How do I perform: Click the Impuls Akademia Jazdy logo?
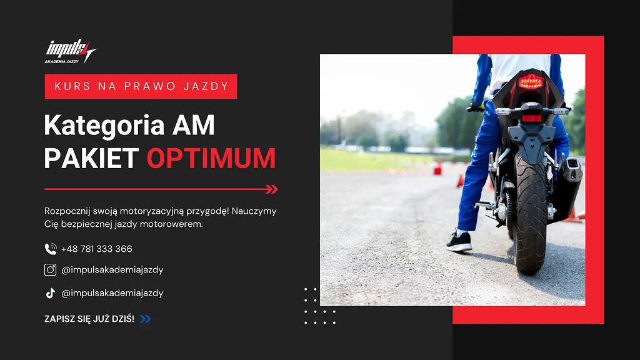pos(70,51)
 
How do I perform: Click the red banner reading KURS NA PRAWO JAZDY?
pos(141,86)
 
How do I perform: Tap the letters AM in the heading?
pos(194,125)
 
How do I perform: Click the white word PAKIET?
pos(91,158)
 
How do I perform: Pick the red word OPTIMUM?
pos(211,158)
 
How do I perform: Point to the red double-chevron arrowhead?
pos(272,189)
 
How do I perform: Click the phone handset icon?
pos(50,249)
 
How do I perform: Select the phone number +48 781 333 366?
pos(97,249)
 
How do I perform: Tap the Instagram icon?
pos(50,269)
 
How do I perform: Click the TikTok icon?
pos(50,293)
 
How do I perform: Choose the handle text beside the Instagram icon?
pos(112,270)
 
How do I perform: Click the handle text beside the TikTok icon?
pos(112,293)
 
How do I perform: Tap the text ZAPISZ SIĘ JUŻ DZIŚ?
pos(89,319)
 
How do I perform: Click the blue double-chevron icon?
pos(145,319)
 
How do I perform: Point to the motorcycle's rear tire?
pos(530,212)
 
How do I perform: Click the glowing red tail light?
pos(531,82)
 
